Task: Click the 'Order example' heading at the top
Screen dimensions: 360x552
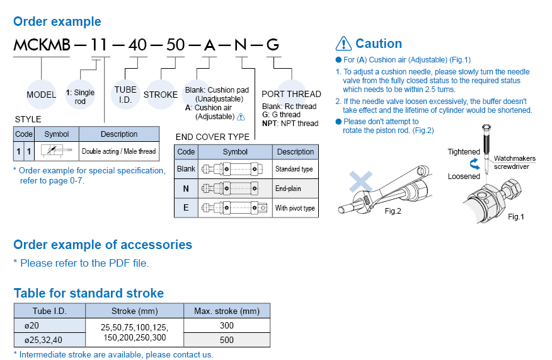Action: coord(57,21)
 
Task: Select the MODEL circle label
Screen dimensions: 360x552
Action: coord(42,95)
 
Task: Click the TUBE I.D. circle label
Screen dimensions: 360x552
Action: coord(125,95)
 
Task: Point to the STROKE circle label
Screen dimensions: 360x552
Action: coord(161,95)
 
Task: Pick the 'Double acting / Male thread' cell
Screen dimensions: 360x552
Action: coord(119,151)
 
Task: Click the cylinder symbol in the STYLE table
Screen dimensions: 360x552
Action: coord(57,151)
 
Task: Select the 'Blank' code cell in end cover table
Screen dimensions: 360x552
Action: coord(186,169)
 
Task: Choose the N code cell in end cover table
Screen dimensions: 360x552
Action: coord(186,189)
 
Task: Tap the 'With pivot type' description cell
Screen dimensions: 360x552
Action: coord(295,208)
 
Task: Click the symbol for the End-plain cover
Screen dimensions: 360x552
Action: coord(235,189)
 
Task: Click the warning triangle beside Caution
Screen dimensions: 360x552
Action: coord(343,44)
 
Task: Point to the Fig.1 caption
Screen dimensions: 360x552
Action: coord(515,217)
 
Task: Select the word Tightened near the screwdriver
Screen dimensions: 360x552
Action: coord(464,152)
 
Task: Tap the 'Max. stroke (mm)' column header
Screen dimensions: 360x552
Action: coord(227,311)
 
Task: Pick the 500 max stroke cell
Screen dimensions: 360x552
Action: coord(227,340)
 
